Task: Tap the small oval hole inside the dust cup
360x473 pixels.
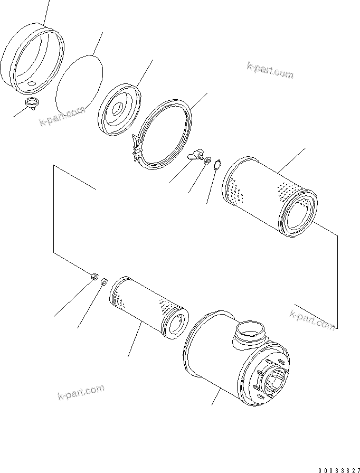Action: pyautogui.click(x=31, y=83)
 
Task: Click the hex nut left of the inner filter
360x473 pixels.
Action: pyautogui.click(x=93, y=275)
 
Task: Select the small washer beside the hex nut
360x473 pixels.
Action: pyautogui.click(x=104, y=282)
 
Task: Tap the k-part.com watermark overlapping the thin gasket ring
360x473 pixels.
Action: pyautogui.click(x=62, y=117)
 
